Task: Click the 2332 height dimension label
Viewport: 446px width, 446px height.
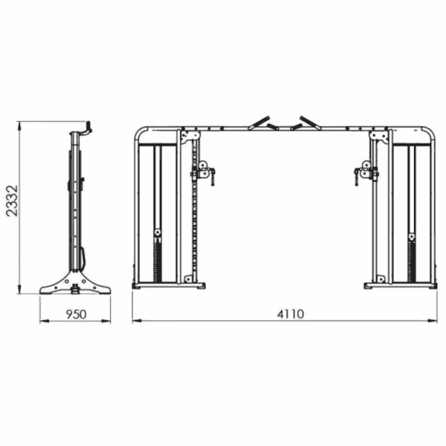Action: click(12, 201)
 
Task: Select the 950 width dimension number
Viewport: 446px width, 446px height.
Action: click(76, 314)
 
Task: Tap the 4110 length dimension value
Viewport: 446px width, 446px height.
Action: click(291, 314)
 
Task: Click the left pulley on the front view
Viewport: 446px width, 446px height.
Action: click(203, 165)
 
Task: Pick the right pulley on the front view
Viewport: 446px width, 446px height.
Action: click(366, 165)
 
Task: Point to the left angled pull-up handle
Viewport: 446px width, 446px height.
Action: click(259, 123)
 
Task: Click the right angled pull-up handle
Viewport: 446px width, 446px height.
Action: click(310, 123)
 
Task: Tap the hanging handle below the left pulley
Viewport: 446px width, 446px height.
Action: click(213, 178)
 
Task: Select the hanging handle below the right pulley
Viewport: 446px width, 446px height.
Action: click(356, 178)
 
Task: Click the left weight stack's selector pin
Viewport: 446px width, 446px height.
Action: click(157, 233)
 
